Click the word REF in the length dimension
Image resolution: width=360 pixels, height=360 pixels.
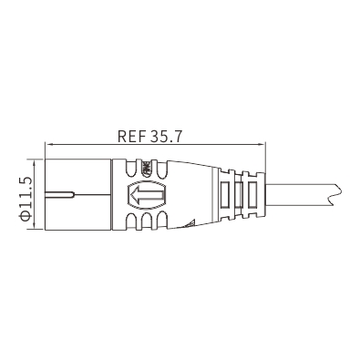tap(131, 136)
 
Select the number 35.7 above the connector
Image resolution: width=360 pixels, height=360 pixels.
tap(166, 136)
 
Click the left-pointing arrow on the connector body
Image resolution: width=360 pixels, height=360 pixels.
tap(146, 194)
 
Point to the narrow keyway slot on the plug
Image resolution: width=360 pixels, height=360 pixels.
tap(60, 194)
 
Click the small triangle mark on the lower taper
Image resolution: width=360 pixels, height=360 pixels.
tap(190, 224)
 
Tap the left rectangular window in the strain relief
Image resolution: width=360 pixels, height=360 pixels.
tap(224, 194)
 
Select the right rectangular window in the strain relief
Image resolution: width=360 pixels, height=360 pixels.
tap(252, 194)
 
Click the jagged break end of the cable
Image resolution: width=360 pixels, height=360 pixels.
tap(335, 194)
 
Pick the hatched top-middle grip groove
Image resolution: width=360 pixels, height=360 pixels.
tap(147, 169)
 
